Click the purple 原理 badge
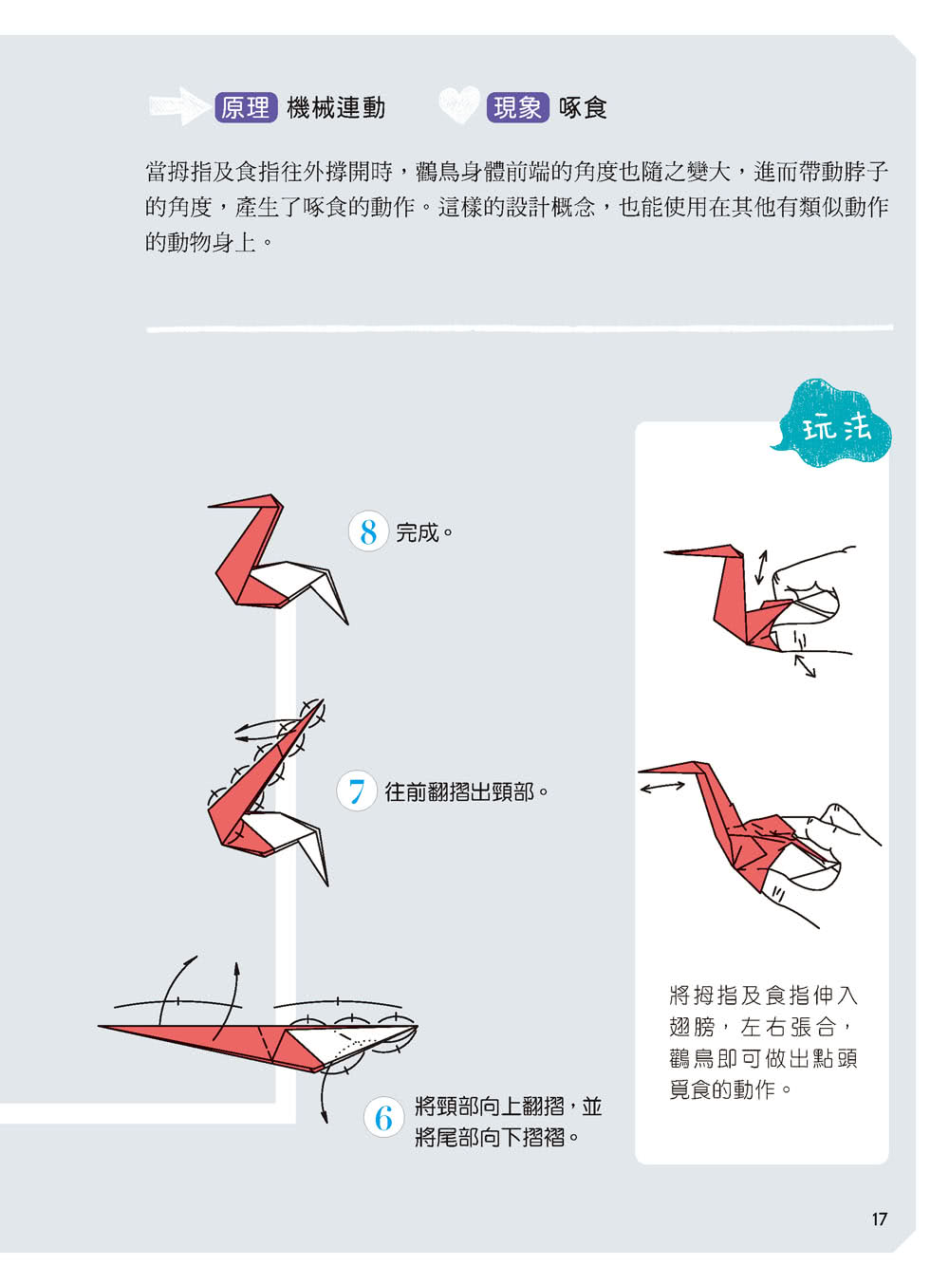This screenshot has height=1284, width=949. click(246, 107)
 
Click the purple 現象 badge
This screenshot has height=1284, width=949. click(517, 107)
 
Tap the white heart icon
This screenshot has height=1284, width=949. click(459, 104)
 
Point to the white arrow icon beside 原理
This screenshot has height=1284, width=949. click(179, 106)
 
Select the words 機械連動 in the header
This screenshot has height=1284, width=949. click(336, 107)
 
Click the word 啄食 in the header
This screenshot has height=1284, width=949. click(583, 107)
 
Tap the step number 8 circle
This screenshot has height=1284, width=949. click(367, 531)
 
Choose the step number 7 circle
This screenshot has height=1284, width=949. click(357, 791)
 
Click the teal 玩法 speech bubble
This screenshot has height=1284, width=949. click(832, 425)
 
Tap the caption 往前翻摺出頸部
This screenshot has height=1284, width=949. click(459, 791)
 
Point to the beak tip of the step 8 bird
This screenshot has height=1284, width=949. click(209, 507)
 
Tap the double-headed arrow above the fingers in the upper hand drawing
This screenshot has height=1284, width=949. click(761, 568)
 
